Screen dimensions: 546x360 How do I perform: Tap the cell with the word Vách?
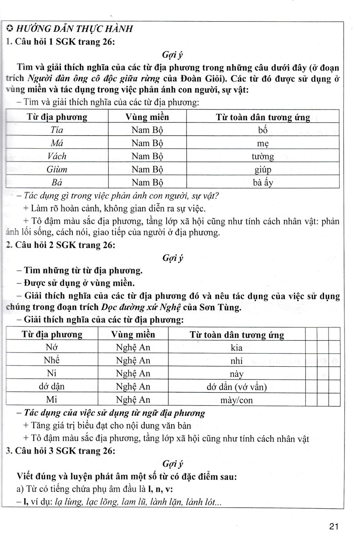57,156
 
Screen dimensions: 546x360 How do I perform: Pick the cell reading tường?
263,157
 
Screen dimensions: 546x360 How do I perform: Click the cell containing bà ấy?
263,183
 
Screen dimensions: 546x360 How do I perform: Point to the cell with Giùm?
57,170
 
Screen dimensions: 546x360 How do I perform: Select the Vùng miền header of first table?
147,117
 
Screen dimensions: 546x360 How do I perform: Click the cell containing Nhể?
52,361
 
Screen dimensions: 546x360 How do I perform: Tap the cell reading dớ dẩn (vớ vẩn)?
236,388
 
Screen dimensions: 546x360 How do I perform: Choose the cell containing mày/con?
236,401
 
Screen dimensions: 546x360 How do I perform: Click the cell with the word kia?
236,348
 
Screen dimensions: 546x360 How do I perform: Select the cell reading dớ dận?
52,388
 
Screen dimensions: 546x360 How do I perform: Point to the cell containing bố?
263,130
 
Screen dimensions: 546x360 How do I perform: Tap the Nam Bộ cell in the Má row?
147,143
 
